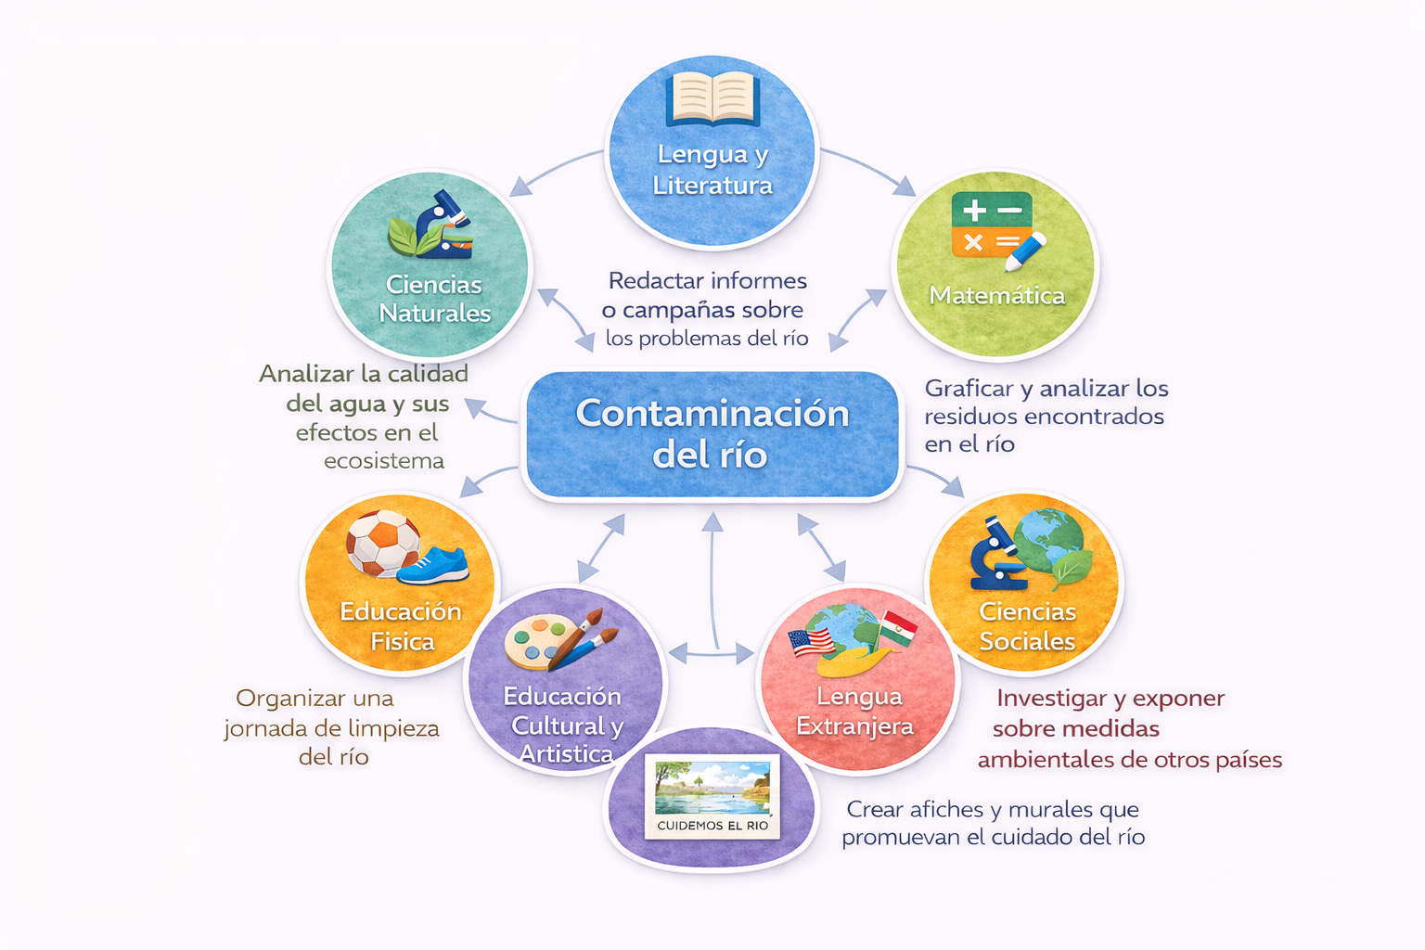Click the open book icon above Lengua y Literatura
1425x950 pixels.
712,98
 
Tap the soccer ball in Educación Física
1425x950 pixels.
383,543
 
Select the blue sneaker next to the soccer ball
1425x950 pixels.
433,566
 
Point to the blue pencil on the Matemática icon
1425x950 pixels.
1025,251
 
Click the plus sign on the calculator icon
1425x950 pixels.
974,210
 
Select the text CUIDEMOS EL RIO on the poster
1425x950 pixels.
712,826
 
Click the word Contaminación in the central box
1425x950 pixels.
712,414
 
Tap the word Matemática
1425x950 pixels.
997,295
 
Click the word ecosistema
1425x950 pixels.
383,461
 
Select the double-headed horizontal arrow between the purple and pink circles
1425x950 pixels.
712,653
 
